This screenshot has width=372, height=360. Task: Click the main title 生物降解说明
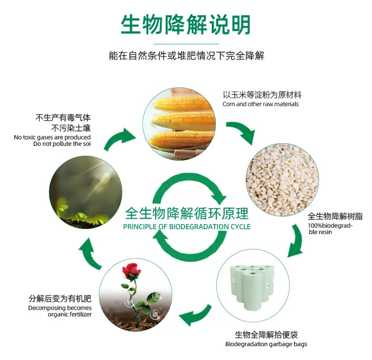[186, 25]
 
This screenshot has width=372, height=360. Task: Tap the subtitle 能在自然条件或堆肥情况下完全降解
[186, 56]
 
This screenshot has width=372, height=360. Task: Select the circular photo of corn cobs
[179, 123]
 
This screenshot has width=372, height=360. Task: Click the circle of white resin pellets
[282, 180]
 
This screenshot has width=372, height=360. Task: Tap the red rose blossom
[130, 271]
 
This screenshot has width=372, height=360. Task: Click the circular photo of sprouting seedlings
[86, 192]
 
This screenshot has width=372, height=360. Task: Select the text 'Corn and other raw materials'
[260, 104]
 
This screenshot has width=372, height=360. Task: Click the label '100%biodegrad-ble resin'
[330, 229]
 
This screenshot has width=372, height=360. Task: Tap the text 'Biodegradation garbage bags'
[266, 344]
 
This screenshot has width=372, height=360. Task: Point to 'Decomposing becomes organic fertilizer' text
[60, 311]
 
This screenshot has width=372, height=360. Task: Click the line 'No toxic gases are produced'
[52, 137]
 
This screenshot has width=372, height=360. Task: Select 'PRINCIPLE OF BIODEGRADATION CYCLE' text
[186, 227]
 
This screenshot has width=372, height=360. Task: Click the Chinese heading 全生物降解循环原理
[186, 213]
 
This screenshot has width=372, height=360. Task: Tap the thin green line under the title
[186, 44]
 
